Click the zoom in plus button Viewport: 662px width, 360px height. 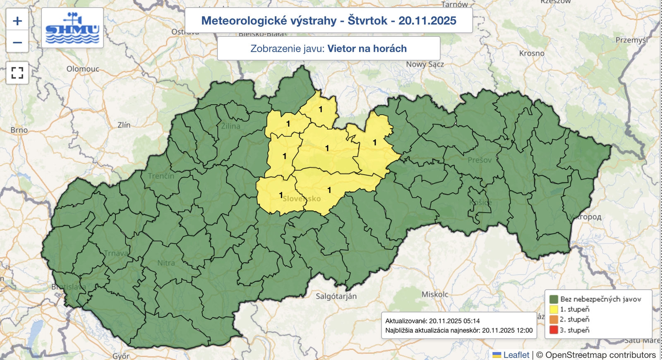click(x=17, y=21)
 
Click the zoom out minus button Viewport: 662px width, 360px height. click(x=17, y=42)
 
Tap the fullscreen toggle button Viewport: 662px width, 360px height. click(x=17, y=73)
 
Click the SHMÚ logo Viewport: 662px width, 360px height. click(x=72, y=28)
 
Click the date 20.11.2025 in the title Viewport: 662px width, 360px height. click(x=427, y=21)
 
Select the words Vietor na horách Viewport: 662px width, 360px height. click(x=367, y=49)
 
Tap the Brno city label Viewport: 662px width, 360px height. click(x=19, y=130)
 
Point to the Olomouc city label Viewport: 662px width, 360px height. click(x=83, y=69)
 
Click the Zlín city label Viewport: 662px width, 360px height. click(x=124, y=125)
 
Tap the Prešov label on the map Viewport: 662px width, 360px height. click(x=480, y=160)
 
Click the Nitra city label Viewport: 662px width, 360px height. click(x=166, y=263)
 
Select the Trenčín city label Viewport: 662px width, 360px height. click(x=161, y=176)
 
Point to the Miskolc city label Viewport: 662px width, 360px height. click(x=435, y=294)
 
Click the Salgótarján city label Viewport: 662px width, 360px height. click(x=336, y=296)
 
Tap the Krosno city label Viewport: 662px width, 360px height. click(x=532, y=53)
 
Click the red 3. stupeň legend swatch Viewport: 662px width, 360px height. click(x=554, y=330)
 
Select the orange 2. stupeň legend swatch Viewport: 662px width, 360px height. click(x=554, y=319)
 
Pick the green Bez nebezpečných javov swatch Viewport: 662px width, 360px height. click(x=554, y=299)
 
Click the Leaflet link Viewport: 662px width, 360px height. click(x=516, y=355)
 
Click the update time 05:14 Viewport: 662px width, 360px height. click(x=472, y=321)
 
